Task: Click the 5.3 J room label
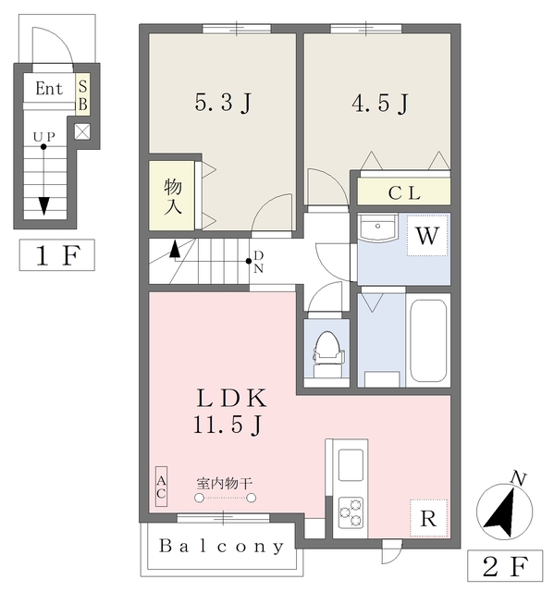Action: pyautogui.click(x=223, y=103)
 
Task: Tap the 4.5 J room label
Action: pyautogui.click(x=380, y=103)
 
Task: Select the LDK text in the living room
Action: pyautogui.click(x=231, y=398)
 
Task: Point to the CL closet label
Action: pyautogui.click(x=404, y=193)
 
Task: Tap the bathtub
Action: pyautogui.click(x=428, y=340)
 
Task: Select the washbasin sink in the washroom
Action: pyautogui.click(x=377, y=228)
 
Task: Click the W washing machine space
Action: pyautogui.click(x=427, y=236)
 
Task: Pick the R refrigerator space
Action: pyautogui.click(x=428, y=518)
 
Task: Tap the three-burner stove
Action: pyautogui.click(x=351, y=512)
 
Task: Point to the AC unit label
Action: pyautogui.click(x=161, y=487)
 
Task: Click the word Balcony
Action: pyautogui.click(x=221, y=547)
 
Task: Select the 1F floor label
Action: pyautogui.click(x=57, y=255)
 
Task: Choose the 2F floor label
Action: pyautogui.click(x=505, y=565)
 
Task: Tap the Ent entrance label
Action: pyautogui.click(x=49, y=89)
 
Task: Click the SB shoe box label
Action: pyautogui.click(x=82, y=95)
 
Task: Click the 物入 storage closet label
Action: pyautogui.click(x=173, y=196)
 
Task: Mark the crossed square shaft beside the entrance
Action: pyautogui.click(x=82, y=131)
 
